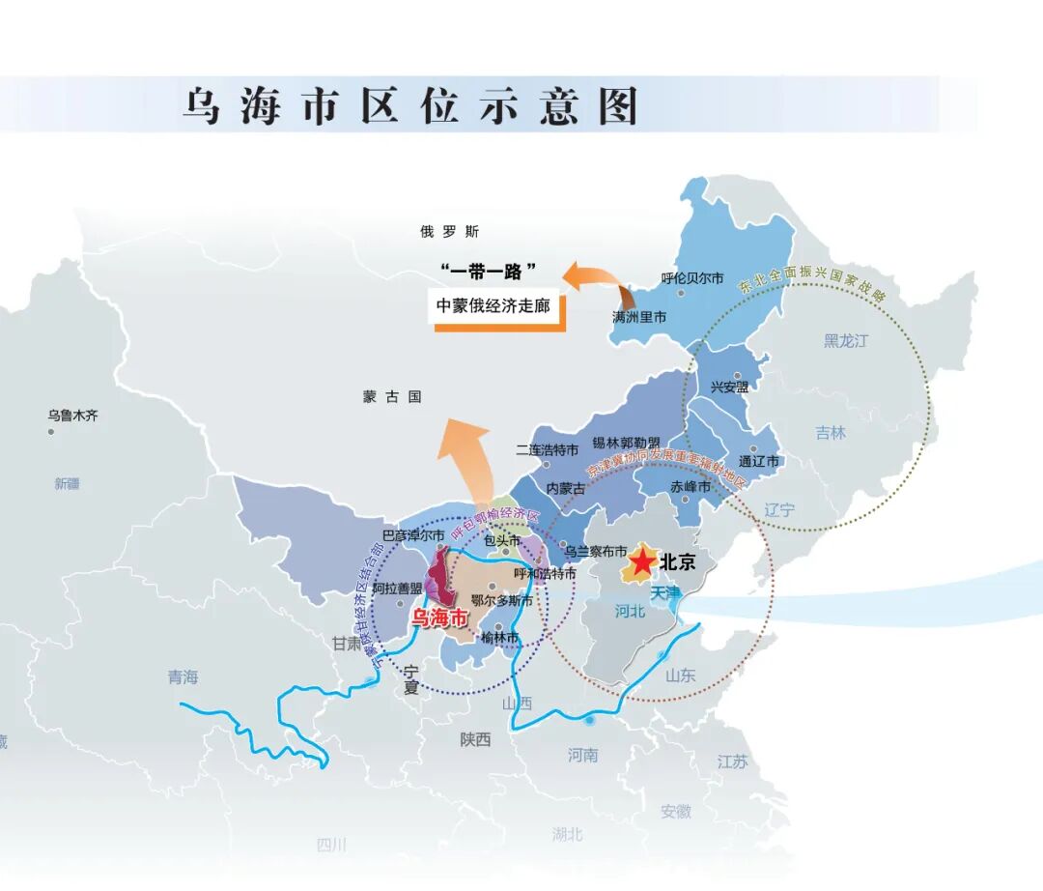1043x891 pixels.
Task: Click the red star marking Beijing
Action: tap(643, 561)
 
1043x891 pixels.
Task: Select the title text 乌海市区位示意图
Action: tap(411, 105)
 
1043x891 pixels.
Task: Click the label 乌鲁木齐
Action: tap(73, 416)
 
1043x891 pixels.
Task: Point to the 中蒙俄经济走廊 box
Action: tap(493, 305)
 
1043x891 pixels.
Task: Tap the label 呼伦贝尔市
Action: tap(692, 278)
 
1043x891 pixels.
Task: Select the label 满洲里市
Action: tap(639, 317)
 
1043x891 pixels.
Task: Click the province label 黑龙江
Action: tap(846, 340)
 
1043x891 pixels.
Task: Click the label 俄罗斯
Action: tap(449, 232)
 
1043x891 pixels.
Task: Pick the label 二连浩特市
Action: tap(547, 450)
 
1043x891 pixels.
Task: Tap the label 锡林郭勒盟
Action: tap(626, 443)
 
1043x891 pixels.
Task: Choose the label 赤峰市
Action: tap(691, 488)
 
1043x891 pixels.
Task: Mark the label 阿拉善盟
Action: tap(397, 588)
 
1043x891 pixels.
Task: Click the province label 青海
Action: tap(182, 677)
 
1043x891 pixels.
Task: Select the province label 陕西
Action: tap(475, 739)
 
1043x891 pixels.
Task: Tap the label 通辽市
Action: tap(758, 462)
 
